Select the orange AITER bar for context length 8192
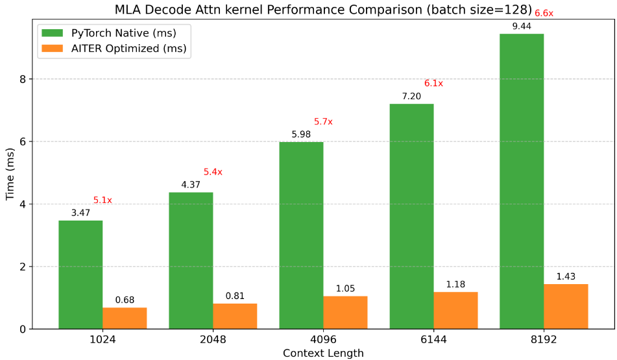coord(566,306)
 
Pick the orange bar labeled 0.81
coord(235,316)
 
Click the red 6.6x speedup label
coord(544,13)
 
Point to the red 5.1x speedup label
coord(103,200)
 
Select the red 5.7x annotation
coord(323,121)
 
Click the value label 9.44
coord(522,26)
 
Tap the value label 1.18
coord(455,284)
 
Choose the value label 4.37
coord(191,184)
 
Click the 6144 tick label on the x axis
coord(433,339)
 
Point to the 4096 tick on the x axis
coord(323,339)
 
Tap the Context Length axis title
coord(323,353)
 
